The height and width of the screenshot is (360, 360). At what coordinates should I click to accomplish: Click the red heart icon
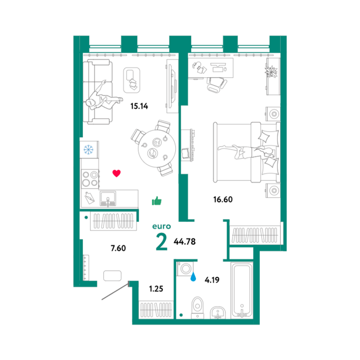pos(116,173)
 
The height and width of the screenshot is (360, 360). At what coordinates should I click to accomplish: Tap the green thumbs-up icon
pos(157,201)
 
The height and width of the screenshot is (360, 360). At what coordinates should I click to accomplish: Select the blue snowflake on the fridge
pos(89,150)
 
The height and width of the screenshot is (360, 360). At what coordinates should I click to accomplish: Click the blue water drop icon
pos(193,277)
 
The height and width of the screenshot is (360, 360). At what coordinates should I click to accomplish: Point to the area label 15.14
pos(139,106)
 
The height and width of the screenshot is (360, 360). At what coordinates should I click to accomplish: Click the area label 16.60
pos(223,199)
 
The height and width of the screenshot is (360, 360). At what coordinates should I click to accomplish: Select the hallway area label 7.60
pos(118,248)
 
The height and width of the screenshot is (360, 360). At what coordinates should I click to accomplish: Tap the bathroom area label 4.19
pos(212,280)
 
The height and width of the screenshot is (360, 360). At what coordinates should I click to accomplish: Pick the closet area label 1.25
pos(156,289)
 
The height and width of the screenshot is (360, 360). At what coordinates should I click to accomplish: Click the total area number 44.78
pos(185,241)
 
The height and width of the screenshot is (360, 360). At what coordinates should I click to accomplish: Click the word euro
pos(162,226)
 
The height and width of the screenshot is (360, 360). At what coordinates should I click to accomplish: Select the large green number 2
pos(161,242)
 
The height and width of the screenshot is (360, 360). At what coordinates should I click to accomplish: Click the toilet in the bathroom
pos(197,307)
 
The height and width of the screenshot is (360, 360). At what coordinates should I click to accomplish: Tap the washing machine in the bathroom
pos(185,269)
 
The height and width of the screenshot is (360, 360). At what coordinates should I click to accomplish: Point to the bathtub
pos(242,290)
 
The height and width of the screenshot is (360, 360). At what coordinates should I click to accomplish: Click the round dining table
pos(157,149)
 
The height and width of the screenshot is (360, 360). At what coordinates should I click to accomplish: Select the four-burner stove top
pos(90,180)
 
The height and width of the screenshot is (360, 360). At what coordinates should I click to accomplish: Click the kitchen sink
pos(108,198)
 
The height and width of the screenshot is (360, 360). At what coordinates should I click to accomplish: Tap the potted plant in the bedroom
pos(271,71)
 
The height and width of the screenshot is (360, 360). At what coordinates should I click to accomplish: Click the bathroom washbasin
pos(217,313)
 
